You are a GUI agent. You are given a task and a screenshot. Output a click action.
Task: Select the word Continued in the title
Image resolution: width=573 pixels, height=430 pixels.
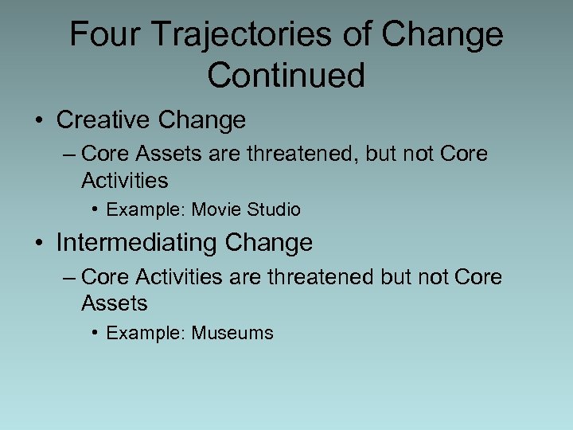(286, 76)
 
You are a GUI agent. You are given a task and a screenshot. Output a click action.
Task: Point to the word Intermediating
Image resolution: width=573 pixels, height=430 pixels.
(137, 242)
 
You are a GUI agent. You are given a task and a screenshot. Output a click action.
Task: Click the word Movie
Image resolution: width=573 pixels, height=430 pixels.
(215, 210)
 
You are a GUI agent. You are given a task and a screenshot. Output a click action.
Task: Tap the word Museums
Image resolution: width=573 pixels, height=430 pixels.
(232, 333)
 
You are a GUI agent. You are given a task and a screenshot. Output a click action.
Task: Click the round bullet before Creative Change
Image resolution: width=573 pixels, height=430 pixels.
(38, 121)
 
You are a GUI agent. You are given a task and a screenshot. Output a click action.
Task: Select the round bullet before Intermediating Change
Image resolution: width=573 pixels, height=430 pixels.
(38, 243)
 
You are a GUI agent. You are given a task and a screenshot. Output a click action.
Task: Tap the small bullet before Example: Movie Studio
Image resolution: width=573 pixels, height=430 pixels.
(95, 210)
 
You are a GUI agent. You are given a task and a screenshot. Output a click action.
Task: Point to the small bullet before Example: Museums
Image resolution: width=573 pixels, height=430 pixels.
(95, 333)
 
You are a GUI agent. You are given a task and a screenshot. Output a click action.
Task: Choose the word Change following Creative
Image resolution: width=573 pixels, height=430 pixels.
(202, 120)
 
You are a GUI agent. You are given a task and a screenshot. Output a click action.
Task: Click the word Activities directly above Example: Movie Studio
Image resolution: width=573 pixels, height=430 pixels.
(124, 181)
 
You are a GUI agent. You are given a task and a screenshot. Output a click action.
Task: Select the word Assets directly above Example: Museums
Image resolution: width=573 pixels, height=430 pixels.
(115, 303)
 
